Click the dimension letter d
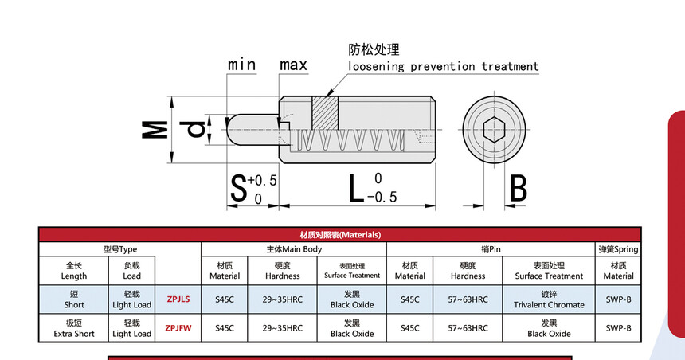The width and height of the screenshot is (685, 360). click(194, 127)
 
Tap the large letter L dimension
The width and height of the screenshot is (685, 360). click(357, 188)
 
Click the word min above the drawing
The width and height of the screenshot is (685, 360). click(241, 65)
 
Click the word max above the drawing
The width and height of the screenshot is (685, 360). click(293, 65)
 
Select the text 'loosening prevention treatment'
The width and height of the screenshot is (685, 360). click(443, 67)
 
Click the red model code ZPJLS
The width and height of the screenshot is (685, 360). click(178, 299)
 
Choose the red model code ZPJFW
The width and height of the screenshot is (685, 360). click(178, 327)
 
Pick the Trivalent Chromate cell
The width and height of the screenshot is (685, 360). click(549, 299)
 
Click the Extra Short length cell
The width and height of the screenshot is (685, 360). click(74, 328)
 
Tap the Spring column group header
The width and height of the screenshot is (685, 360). click(618, 249)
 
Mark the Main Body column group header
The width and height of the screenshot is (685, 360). click(294, 249)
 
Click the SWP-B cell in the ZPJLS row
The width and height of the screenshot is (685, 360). click(618, 299)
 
